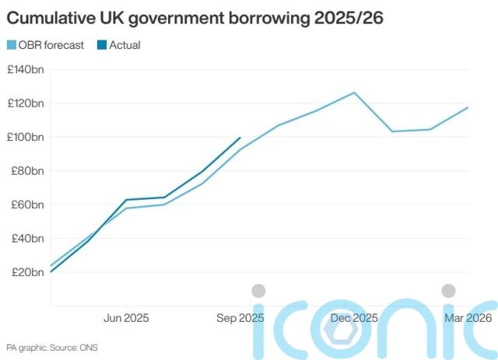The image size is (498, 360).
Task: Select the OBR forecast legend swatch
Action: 11,45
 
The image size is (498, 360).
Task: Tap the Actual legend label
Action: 124,45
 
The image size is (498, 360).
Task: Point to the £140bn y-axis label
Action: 26,70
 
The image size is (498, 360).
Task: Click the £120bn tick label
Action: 26,103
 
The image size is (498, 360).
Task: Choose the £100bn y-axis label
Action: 26,138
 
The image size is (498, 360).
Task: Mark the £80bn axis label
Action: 27,171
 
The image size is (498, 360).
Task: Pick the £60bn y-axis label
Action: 27,204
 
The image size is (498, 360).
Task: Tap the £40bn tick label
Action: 27,239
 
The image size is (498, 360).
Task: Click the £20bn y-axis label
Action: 27,272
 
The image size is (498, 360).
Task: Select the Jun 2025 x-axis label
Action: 126,318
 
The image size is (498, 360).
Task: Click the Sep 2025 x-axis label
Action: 240,318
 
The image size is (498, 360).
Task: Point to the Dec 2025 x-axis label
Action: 354,318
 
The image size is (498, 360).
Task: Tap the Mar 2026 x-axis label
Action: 468,318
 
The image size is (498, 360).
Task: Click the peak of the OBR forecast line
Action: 355,93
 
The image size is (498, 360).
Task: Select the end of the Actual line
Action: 240,138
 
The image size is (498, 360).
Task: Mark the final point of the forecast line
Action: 468,107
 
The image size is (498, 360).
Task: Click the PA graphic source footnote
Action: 52,347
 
